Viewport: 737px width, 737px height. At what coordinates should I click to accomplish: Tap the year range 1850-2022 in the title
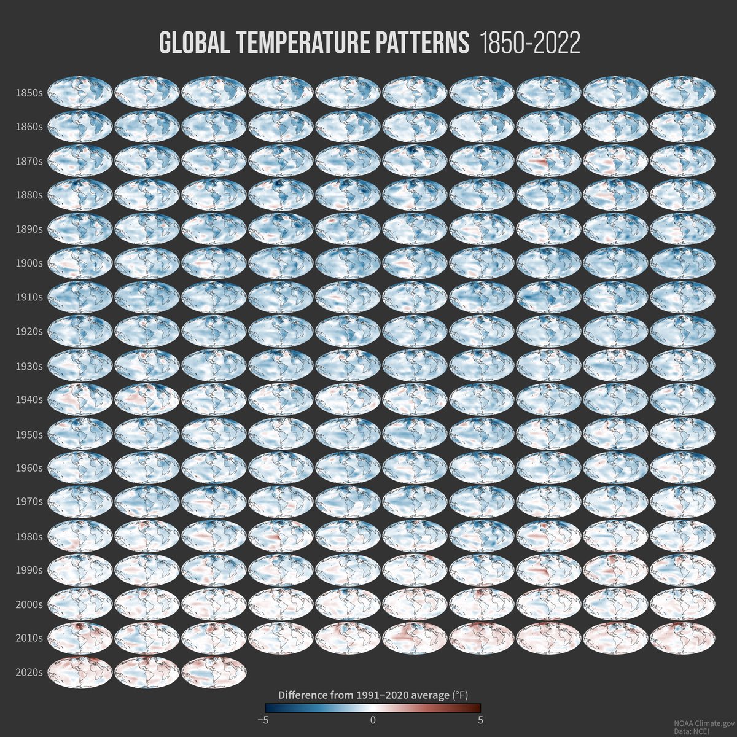pyautogui.click(x=529, y=44)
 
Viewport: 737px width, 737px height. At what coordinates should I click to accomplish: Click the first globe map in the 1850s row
pyautogui.click(x=80, y=92)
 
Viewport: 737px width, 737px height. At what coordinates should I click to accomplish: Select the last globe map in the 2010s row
pyautogui.click(x=682, y=638)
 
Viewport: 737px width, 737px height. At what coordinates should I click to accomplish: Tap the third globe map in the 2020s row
pyautogui.click(x=214, y=672)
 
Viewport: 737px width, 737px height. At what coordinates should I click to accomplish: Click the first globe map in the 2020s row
pyautogui.click(x=80, y=672)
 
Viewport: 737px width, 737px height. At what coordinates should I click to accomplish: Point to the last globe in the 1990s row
pyautogui.click(x=682, y=569)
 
